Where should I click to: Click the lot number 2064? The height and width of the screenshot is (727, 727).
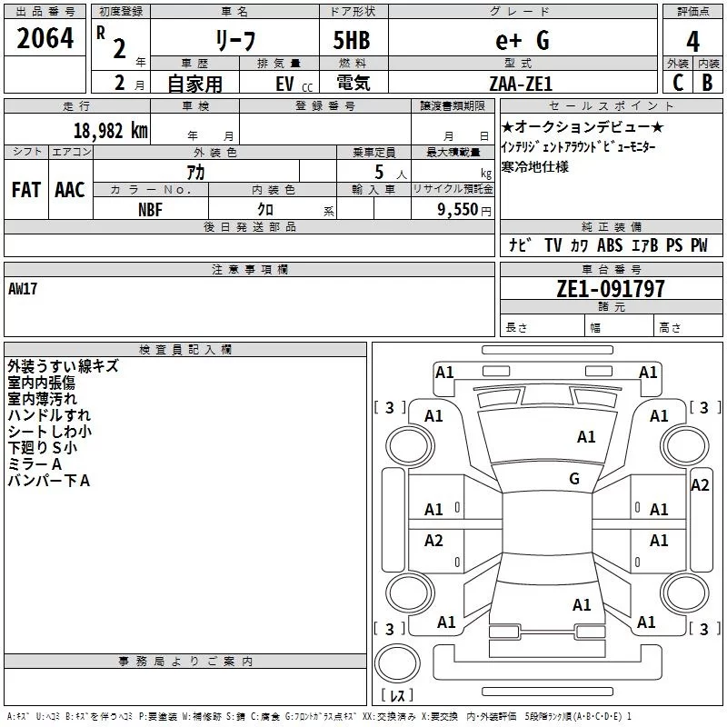coord(45,39)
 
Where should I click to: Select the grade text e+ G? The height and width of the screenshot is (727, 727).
coord(522,40)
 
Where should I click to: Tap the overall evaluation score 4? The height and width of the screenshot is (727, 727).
coord(692,41)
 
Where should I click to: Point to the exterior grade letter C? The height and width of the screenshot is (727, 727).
coord(677,82)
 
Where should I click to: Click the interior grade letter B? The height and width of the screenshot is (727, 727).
coord(707,82)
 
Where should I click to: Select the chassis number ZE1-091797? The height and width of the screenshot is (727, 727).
coord(611,289)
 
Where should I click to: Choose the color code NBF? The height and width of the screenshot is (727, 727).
coord(151,209)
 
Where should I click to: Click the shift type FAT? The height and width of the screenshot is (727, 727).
coord(26,190)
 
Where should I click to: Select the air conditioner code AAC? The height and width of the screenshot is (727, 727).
coord(70,190)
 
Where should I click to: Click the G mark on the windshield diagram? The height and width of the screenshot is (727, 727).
coord(574,479)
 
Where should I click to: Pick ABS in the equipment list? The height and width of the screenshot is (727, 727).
coord(610,245)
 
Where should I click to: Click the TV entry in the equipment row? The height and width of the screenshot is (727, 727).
coord(553,245)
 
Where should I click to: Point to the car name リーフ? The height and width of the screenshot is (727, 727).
coord(234,41)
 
